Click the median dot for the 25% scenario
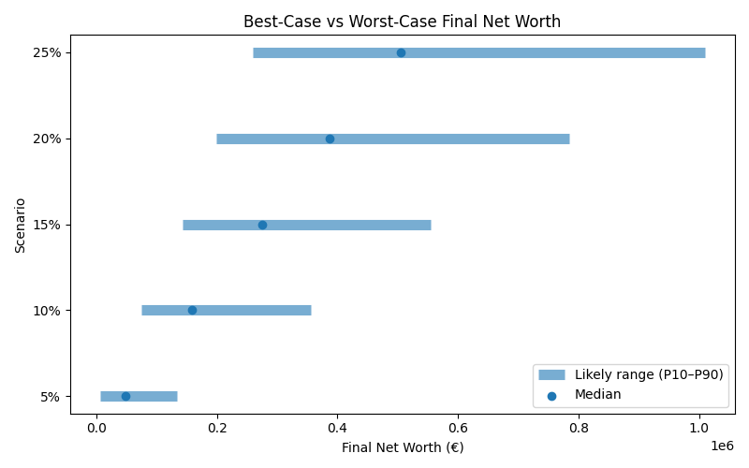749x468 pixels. pos(401,52)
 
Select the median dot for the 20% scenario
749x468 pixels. pos(330,139)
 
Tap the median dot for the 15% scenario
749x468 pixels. pos(262,225)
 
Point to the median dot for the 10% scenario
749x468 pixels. pos(192,310)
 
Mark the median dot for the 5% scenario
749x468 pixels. pos(125,396)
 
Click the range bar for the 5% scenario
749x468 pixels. pos(150,396)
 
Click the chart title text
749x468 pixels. pos(402,22)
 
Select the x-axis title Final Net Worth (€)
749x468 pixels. pos(402,447)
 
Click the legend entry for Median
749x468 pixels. pos(597,395)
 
